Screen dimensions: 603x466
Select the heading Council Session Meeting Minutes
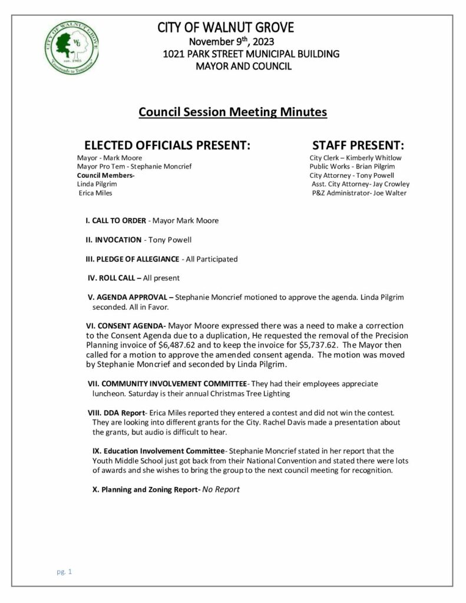(x=233, y=111)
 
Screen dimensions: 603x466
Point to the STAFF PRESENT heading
(x=358, y=145)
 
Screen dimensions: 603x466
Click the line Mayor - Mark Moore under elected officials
(x=109, y=158)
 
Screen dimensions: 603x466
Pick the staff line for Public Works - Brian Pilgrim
(x=352, y=167)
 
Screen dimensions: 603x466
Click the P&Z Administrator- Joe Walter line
(x=359, y=193)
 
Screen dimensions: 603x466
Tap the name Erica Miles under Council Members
(x=95, y=193)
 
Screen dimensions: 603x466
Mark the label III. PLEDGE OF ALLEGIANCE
(x=133, y=259)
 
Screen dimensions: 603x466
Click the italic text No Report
(x=221, y=489)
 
